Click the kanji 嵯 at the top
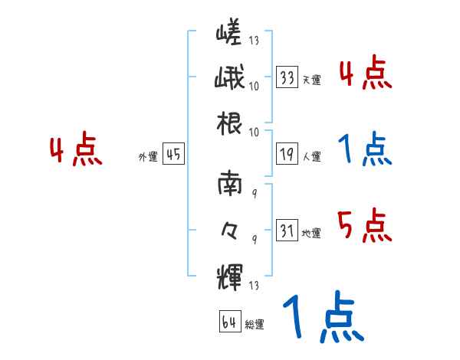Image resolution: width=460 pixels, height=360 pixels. pyautogui.click(x=229, y=33)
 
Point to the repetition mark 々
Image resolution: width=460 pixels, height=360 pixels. pyautogui.click(x=229, y=227)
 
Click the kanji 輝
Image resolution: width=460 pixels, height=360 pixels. pyautogui.click(x=229, y=273)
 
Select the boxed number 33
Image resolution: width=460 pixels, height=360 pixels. pyautogui.click(x=287, y=77)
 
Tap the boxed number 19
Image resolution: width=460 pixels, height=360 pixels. pyautogui.click(x=287, y=154)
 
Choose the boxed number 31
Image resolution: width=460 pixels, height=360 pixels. pyautogui.click(x=287, y=230)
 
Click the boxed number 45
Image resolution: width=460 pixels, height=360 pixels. pyautogui.click(x=173, y=155)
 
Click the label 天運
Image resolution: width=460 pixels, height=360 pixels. pyautogui.click(x=311, y=80)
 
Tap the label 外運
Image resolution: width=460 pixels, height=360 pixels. pyautogui.click(x=148, y=157)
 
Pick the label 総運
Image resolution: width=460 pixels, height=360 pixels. pyautogui.click(x=255, y=325)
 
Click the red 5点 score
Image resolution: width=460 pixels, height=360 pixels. pyautogui.click(x=365, y=226)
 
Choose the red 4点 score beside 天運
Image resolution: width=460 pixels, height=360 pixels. pyautogui.click(x=365, y=74)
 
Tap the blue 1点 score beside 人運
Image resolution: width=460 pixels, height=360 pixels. pyautogui.click(x=365, y=150)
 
